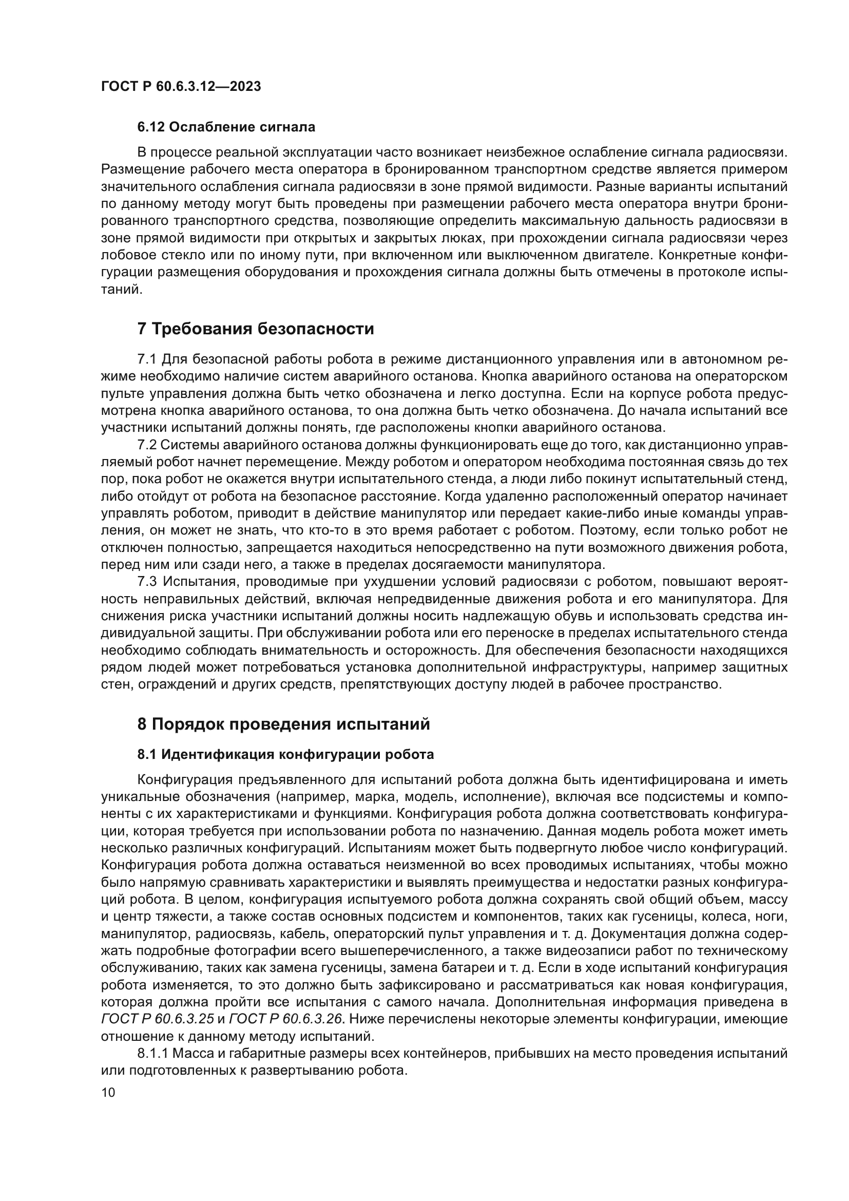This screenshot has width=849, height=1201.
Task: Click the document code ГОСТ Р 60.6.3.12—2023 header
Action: (181, 86)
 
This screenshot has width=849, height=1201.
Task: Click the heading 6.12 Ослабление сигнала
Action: (226, 127)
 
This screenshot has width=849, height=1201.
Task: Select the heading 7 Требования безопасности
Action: (255, 329)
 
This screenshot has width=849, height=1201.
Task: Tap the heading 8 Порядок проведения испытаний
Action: (283, 725)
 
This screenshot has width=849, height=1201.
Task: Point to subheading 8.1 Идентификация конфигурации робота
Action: (285, 755)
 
